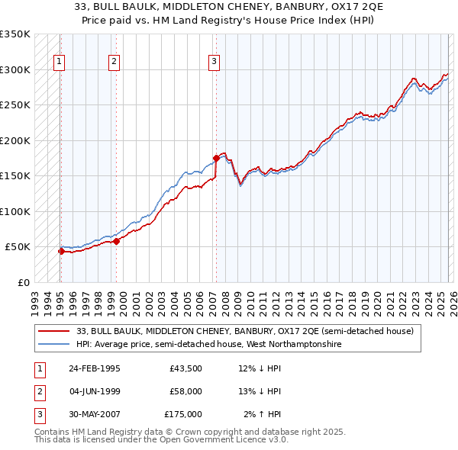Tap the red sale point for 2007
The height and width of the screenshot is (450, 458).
(216, 158)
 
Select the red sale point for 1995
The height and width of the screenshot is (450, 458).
(60, 251)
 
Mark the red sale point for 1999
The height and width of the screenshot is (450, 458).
(117, 241)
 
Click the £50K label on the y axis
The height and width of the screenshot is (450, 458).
(18, 247)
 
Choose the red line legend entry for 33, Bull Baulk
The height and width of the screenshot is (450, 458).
(244, 331)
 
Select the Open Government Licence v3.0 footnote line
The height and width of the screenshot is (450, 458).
(162, 440)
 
